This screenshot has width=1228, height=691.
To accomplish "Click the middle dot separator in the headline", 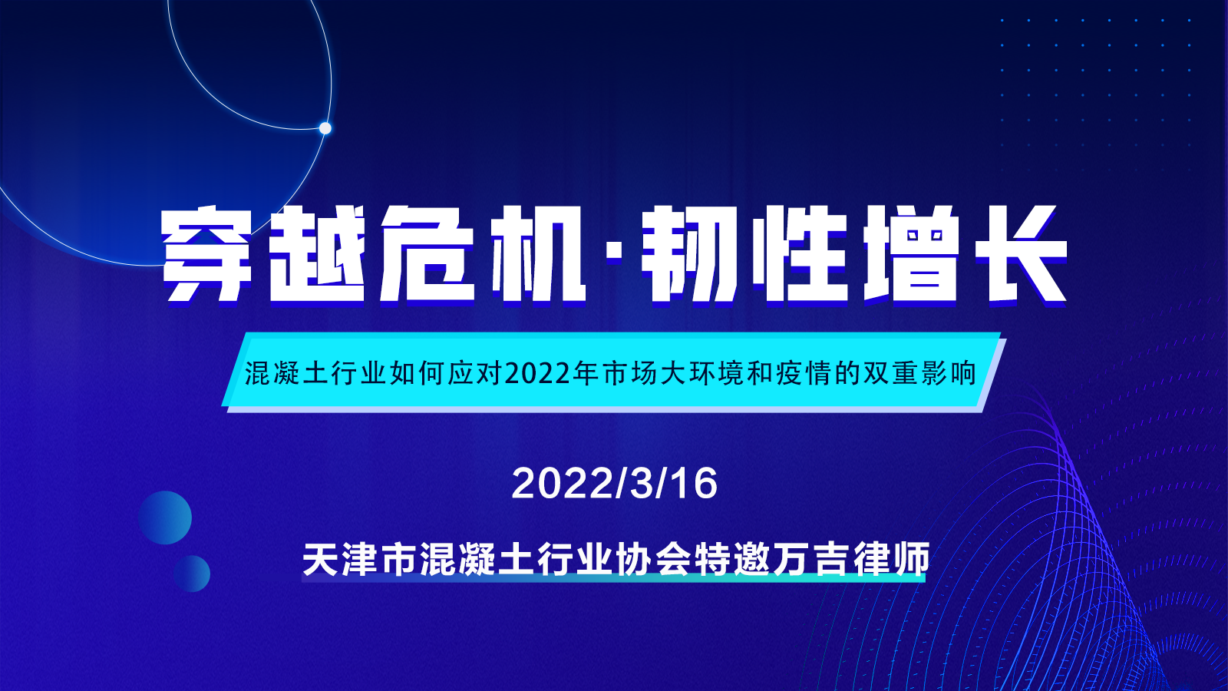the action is (614, 254).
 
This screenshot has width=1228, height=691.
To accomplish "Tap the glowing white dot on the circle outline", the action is (325, 128).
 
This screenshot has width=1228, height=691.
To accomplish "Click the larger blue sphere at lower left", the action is (165, 517).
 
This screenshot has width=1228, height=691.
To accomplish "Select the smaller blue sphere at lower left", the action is (192, 574).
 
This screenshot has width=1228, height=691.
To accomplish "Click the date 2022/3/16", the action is (615, 484).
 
